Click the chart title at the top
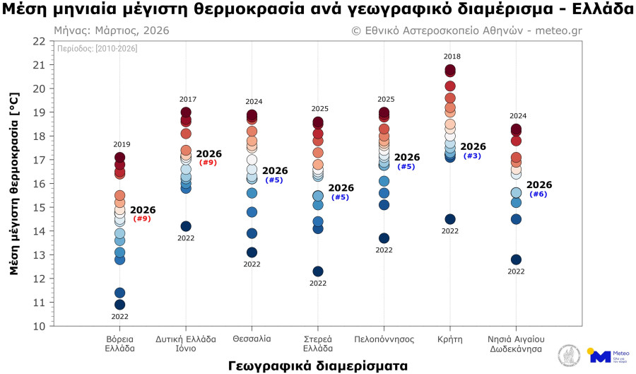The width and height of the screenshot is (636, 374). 317,10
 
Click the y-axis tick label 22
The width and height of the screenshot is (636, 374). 39,41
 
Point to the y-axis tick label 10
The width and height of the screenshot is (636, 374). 39,327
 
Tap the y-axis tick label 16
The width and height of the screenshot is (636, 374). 39,184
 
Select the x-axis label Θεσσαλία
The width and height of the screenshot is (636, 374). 252,339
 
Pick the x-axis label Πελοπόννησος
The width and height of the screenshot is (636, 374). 384,339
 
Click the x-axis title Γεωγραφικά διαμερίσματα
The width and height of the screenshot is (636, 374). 318,366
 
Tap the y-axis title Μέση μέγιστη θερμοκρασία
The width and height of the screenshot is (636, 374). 13,184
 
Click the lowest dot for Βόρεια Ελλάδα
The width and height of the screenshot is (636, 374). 119,305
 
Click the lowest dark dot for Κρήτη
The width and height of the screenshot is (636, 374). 450,219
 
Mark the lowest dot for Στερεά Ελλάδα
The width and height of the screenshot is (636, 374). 318,271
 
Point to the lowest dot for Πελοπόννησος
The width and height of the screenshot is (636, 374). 384,238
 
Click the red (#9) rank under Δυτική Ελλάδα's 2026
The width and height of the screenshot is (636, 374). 208,163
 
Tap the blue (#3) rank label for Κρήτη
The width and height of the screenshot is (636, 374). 472,156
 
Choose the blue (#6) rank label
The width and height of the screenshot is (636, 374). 538,194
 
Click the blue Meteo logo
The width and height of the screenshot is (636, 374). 599,356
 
